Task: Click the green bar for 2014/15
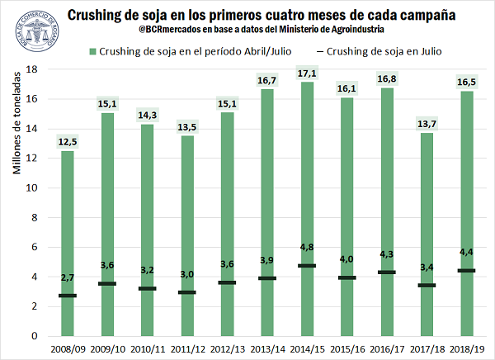click(307, 206)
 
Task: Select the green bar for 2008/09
click(68, 239)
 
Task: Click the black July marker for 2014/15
click(307, 266)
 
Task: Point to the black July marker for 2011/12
click(187, 292)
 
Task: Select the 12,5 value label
click(68, 142)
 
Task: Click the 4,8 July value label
click(307, 245)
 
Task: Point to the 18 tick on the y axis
click(34, 69)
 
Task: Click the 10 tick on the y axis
click(34, 188)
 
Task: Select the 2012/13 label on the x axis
click(227, 349)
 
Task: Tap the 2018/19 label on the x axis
click(466, 349)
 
